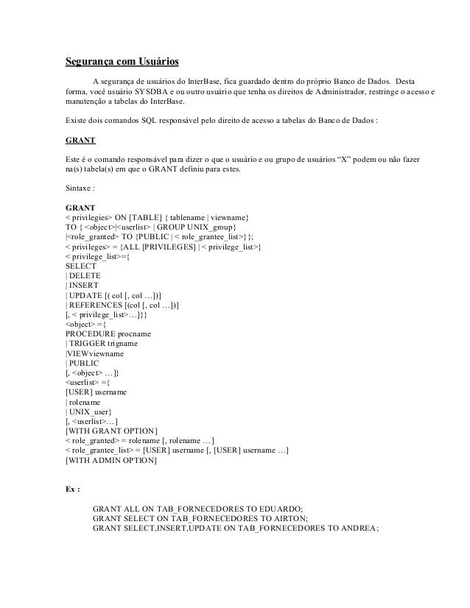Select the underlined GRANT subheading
pos(81,138)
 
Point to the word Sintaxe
pos(80,188)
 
